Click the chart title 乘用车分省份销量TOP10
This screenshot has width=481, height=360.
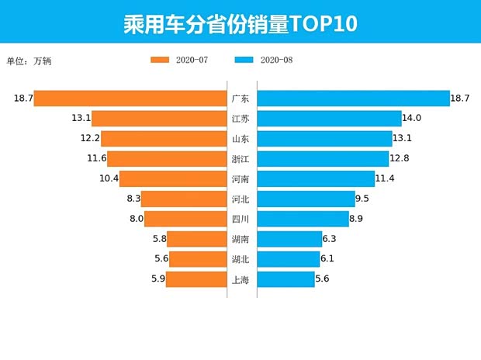(240, 23)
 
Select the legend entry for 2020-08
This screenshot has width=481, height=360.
(263, 60)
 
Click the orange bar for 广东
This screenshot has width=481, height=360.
(130, 99)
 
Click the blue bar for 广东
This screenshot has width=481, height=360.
(353, 99)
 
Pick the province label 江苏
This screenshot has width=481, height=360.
(240, 119)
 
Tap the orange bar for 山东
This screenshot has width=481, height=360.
(164, 139)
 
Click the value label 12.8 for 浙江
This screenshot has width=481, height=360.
(400, 159)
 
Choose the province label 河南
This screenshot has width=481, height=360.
(240, 179)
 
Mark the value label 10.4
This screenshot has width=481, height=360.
(109, 179)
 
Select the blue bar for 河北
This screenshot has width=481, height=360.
(306, 199)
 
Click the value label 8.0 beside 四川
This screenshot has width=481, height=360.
(137, 219)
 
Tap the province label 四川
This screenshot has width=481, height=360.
(240, 219)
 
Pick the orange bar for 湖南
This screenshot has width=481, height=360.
(196, 239)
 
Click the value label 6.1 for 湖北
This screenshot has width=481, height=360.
(327, 259)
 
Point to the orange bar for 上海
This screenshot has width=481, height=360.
(196, 279)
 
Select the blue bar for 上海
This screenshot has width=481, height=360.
(285, 279)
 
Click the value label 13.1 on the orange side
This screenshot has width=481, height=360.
(81, 119)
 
